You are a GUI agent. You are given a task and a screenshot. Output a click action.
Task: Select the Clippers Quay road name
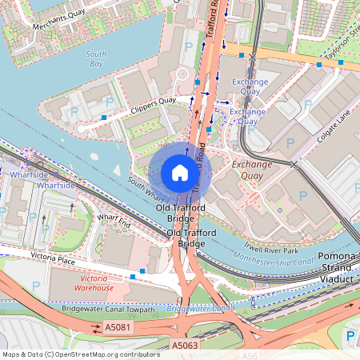coord(154,102)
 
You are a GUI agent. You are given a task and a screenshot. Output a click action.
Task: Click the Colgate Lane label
coord(334,127)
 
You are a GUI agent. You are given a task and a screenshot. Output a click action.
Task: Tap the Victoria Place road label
coord(52,257)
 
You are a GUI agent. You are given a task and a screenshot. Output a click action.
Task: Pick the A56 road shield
coord(250,356)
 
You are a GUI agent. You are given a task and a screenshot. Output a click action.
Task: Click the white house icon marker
coord(180,173)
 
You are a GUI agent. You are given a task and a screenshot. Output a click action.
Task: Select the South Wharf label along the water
coord(149,188)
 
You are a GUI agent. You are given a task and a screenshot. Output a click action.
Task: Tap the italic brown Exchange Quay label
coord(251,165)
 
